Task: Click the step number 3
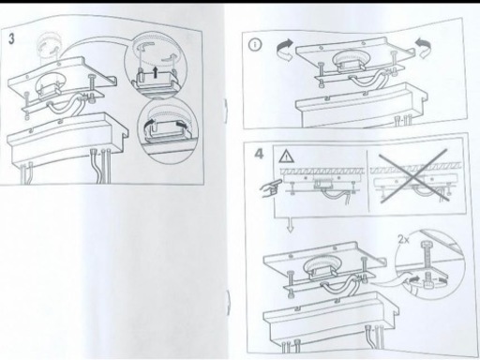tap(11, 39)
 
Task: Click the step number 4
tap(259, 154)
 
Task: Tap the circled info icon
tap(255, 45)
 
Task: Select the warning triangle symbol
tap(286, 156)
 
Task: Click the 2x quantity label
tap(403, 240)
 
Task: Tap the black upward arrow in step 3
tap(155, 72)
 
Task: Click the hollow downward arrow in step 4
tap(291, 226)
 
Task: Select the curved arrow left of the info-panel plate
tap(285, 50)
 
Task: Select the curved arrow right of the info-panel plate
tap(424, 49)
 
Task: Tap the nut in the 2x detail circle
tap(427, 283)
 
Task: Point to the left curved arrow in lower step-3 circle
tap(149, 125)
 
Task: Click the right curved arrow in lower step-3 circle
tap(183, 125)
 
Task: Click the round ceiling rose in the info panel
tap(351, 59)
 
